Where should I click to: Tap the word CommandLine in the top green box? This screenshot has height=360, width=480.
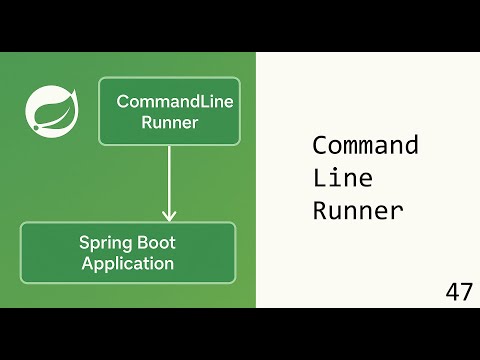pos(169,101)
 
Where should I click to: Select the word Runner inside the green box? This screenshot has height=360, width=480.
pos(169,122)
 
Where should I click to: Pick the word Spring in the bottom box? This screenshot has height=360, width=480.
pos(105,243)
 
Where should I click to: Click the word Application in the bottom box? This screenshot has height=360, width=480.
pos(128,264)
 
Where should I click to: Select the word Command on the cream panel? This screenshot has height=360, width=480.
pos(365,145)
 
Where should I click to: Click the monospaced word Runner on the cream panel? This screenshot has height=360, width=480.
pos(358,211)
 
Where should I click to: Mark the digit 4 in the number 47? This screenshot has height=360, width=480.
pos(453,292)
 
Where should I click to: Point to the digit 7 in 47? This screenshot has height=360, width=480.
pos(466,292)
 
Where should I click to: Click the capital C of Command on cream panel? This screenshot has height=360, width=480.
pos(320,145)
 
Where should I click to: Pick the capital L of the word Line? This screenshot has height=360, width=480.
pos(321,178)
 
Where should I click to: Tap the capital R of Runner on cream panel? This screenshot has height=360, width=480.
pos(321,211)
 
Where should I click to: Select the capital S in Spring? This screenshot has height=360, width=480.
pos(85,242)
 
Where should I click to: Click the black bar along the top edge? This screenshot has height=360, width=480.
pos(240,25)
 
